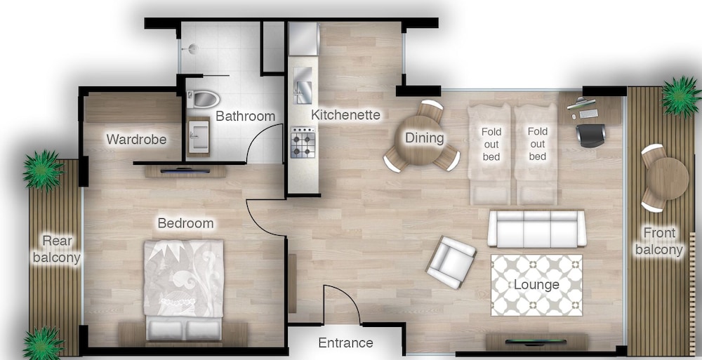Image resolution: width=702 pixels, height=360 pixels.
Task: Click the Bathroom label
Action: coord(245,116)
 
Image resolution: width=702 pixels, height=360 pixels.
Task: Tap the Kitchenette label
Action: coord(345,114)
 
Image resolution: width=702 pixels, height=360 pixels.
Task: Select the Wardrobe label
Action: coord(136,140)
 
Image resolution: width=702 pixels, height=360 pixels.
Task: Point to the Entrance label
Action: coord(345,343)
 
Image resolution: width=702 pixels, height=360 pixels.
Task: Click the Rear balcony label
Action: coord(57,249)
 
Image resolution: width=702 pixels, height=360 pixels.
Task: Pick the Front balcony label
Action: coord(658,241)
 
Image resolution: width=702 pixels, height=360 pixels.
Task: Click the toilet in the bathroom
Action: coord(204,98)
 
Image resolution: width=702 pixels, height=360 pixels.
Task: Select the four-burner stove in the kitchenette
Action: coord(303,142)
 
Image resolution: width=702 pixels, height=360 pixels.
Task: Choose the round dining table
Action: coord(423,138)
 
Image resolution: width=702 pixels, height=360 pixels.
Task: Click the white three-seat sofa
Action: coord(536,228)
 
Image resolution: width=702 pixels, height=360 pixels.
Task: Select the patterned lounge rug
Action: coord(536,285)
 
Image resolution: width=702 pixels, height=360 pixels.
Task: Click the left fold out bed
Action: coord(490,153)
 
